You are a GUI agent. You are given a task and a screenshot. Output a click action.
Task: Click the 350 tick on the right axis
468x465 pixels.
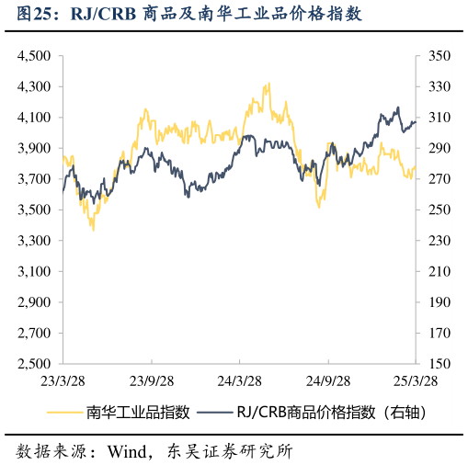tap(438, 56)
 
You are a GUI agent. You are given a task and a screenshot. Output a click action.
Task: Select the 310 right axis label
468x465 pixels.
tap(438, 118)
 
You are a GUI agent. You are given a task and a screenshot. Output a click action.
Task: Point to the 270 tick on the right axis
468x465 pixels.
tap(438, 179)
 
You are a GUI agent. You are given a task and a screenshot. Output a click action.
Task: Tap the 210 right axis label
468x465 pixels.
tap(438, 271)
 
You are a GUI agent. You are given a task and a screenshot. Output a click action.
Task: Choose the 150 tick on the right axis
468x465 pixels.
tap(438, 364)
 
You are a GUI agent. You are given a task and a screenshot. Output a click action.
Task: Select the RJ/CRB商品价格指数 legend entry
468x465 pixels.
tap(331, 413)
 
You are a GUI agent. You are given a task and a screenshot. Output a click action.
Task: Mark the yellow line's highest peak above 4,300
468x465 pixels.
tap(267, 85)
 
